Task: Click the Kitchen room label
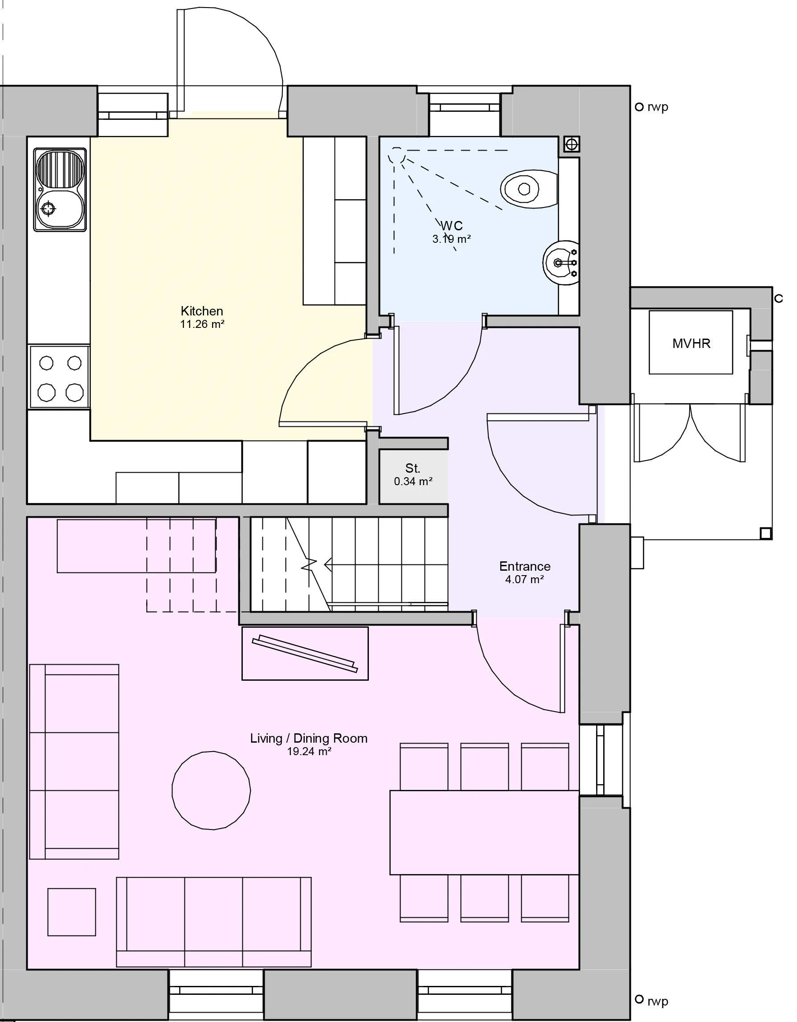(x=202, y=311)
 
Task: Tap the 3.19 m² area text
(x=451, y=239)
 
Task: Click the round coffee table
(x=211, y=790)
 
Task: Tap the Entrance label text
(x=524, y=566)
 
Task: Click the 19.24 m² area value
(x=309, y=752)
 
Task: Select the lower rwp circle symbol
(x=639, y=1000)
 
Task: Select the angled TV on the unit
(x=304, y=653)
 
